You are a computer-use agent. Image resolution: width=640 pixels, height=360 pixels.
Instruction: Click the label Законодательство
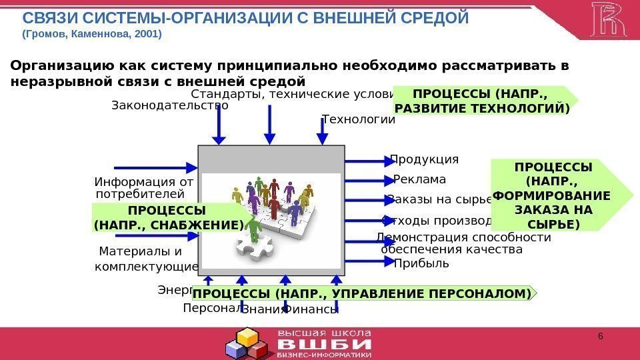pyautogui.click(x=169, y=105)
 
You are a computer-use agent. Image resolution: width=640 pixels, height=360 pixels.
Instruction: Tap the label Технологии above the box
pyautogui.click(x=358, y=119)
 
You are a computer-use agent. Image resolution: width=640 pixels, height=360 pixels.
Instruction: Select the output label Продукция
pyautogui.click(x=425, y=159)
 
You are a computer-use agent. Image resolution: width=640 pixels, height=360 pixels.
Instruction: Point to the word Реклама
pyautogui.click(x=419, y=179)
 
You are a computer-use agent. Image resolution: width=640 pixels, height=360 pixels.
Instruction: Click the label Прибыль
pyautogui.click(x=421, y=263)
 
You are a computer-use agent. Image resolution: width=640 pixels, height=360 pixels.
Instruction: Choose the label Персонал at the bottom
pyautogui.click(x=211, y=309)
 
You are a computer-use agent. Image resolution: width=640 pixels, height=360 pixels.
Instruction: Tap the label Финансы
pyautogui.click(x=311, y=309)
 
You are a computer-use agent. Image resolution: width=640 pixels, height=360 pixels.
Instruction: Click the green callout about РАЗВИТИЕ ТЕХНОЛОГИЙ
pyautogui.click(x=484, y=100)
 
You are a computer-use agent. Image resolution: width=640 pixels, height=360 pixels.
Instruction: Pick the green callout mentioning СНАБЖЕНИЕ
pyautogui.click(x=169, y=219)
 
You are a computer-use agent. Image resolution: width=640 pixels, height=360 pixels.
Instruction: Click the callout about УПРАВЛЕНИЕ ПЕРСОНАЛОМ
pyautogui.click(x=363, y=293)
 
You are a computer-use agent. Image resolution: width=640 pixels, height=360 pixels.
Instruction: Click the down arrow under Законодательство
pyautogui.click(x=219, y=126)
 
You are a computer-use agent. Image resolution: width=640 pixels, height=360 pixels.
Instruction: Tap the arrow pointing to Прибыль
pyautogui.click(x=367, y=261)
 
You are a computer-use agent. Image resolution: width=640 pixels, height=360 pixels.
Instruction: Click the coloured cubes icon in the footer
pyautogui.click(x=247, y=343)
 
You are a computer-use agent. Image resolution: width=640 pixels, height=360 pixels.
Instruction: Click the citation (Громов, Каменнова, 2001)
pyautogui.click(x=93, y=33)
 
